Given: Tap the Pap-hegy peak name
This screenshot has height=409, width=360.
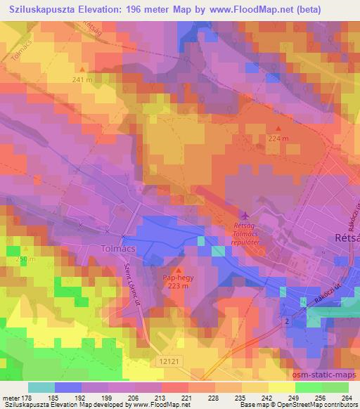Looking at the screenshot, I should coord(177,278).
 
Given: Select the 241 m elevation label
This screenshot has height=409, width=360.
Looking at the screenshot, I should coord(82,79).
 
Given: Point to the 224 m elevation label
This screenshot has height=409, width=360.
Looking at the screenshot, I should coord(278,138).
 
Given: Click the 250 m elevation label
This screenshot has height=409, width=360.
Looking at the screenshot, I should coord(25,259).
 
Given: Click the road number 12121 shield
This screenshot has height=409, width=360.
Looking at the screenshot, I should coord(168,358).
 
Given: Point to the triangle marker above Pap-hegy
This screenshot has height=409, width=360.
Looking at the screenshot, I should coord(177,271).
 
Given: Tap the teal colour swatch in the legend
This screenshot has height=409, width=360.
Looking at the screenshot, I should coord(41,387).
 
